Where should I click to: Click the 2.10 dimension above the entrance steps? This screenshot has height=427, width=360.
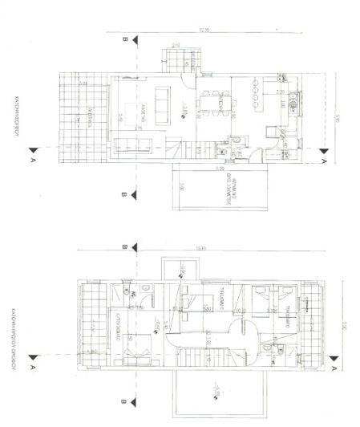[176, 46]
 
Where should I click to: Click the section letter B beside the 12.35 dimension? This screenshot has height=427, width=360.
[124, 39]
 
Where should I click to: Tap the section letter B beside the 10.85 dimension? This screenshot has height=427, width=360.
[124, 248]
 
